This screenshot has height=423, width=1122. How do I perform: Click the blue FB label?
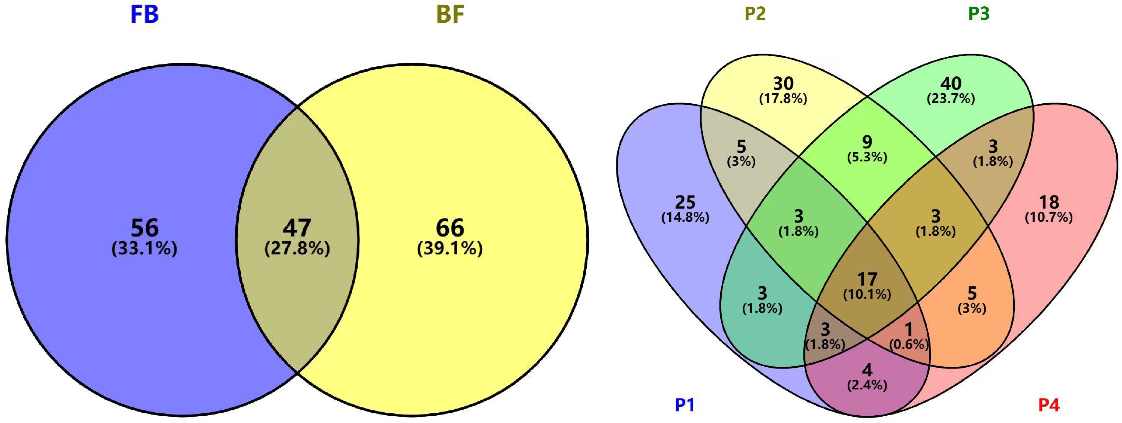coord(145,14)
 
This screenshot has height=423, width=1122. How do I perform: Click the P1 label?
coord(685,405)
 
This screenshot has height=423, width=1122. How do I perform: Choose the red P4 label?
coord(1049,405)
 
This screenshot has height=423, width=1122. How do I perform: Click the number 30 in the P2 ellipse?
coord(783,83)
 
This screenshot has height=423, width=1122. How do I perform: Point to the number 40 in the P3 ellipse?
coord(951,83)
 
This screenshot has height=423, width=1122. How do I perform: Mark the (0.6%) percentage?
coord(909,345)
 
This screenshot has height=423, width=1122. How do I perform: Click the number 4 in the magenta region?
coord(867,370)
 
